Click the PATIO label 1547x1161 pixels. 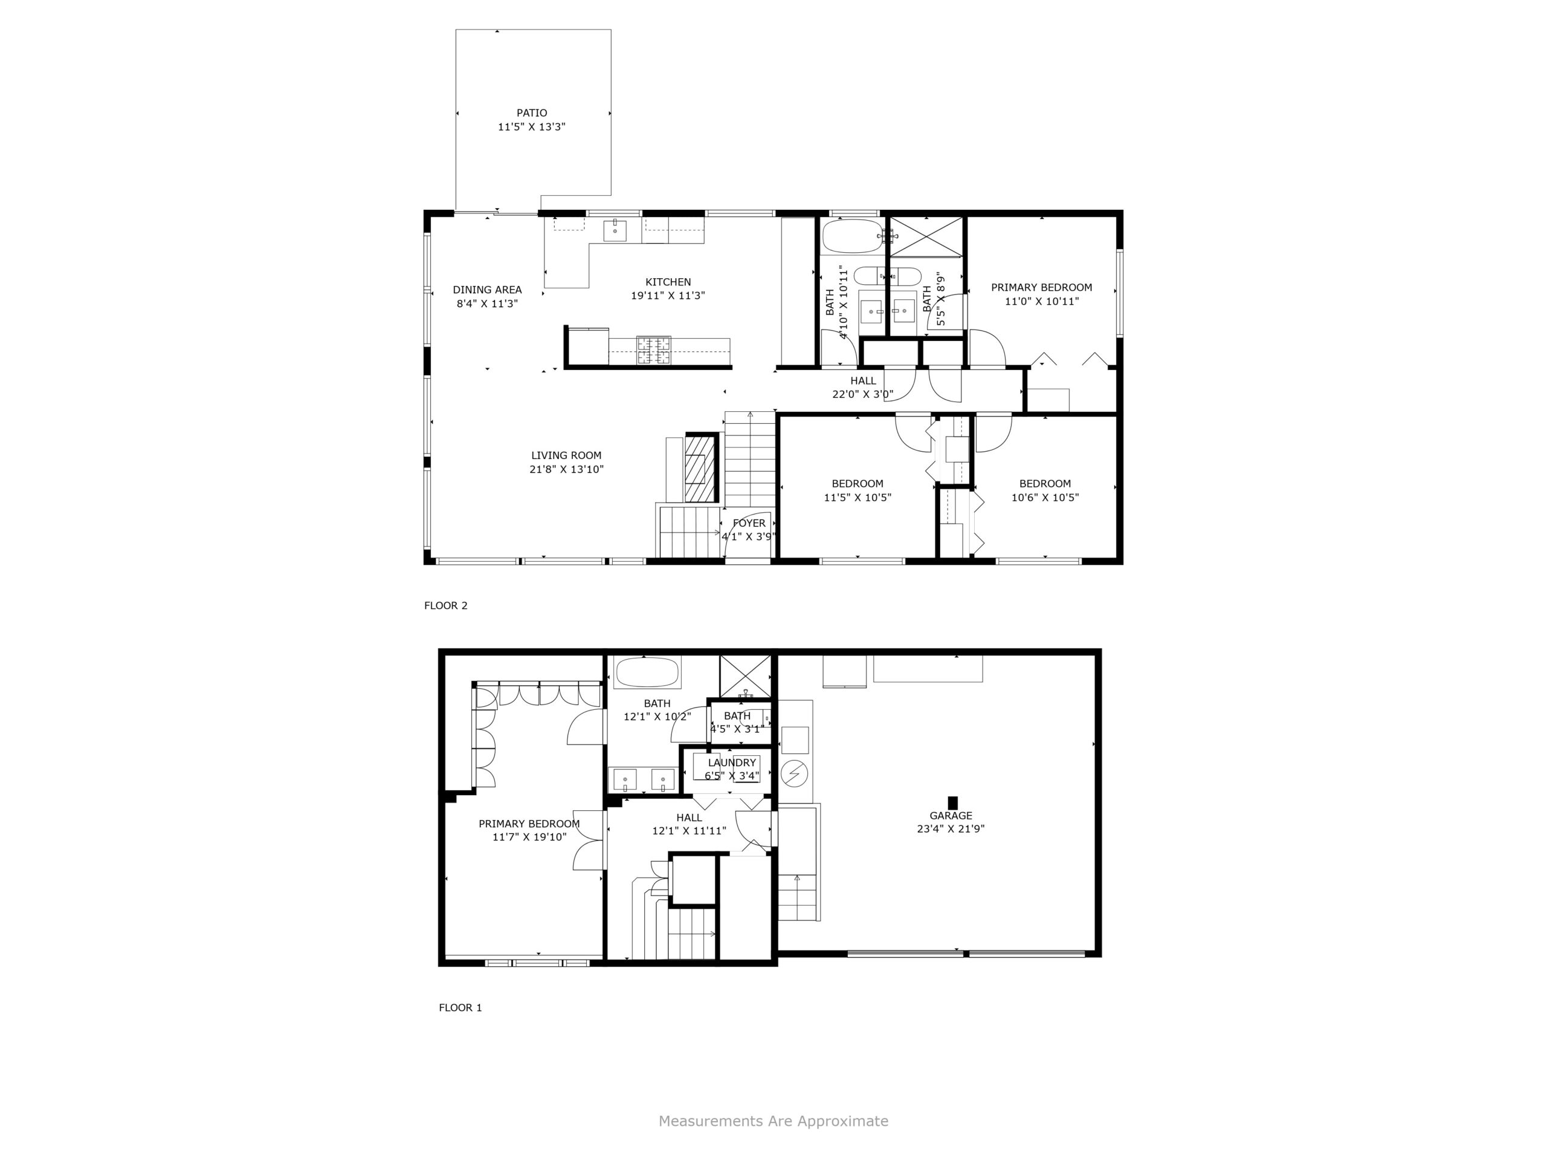[532, 112]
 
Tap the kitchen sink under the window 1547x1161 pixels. [615, 230]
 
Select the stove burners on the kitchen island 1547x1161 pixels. [653, 351]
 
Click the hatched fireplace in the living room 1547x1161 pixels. [702, 467]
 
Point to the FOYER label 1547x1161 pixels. [749, 523]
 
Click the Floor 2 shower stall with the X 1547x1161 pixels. [925, 236]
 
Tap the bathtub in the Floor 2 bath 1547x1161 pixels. [853, 236]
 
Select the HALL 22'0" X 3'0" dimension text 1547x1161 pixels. [863, 394]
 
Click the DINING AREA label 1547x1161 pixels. [488, 290]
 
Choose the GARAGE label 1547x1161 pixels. [951, 815]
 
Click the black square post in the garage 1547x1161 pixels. [952, 802]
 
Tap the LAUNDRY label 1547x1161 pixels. [732, 763]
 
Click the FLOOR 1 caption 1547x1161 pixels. [460, 1008]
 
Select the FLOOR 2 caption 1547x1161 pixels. [445, 605]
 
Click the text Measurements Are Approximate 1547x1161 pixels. [773, 1121]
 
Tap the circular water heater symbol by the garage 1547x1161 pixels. [794, 773]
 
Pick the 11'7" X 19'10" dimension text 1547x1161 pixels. [529, 837]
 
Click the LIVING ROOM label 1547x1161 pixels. [566, 455]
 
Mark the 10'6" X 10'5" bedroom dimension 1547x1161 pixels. [1045, 498]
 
